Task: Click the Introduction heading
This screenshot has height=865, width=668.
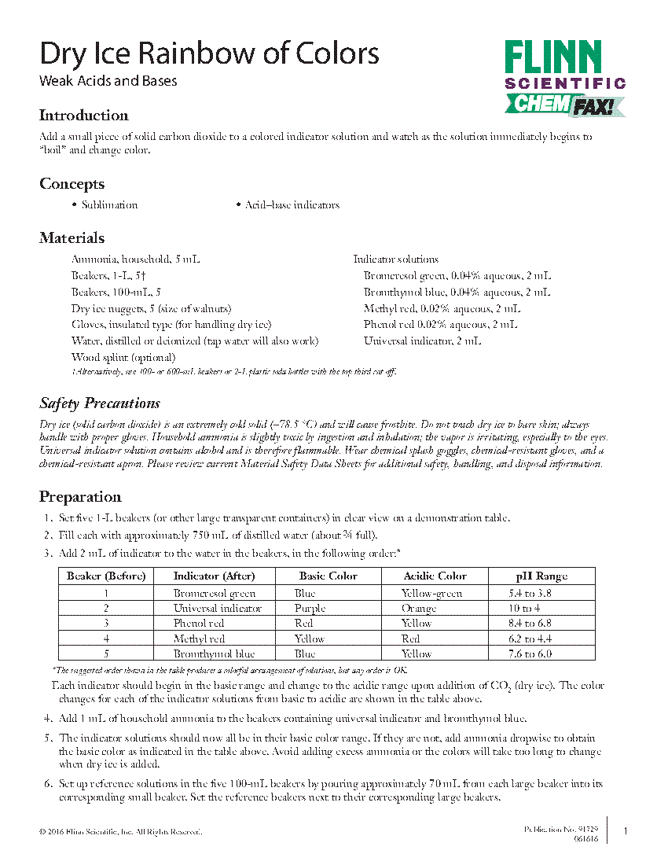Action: (83, 116)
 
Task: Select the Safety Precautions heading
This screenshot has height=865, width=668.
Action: (100, 403)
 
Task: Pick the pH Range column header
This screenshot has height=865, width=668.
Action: (541, 576)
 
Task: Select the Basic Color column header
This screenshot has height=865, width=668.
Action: (328, 576)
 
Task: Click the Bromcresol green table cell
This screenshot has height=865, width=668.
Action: (215, 594)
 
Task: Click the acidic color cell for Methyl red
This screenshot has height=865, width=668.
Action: (410, 639)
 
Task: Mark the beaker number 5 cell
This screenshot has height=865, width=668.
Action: (105, 654)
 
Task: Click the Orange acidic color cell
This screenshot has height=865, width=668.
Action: (418, 609)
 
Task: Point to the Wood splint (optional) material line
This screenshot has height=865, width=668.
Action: (123, 358)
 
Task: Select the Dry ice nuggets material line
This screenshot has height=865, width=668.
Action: (151, 309)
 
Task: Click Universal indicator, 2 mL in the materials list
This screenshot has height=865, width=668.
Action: (422, 341)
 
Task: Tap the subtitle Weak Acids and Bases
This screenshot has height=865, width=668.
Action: (108, 81)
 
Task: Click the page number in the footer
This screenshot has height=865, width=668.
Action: (625, 831)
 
